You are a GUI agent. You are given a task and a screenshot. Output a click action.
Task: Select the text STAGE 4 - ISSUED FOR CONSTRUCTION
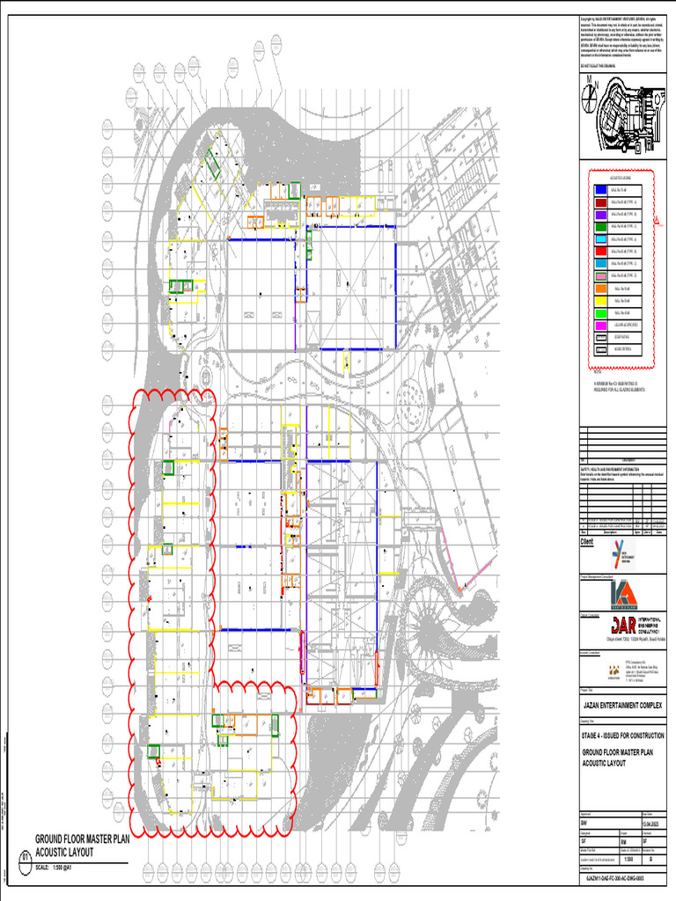tap(622, 735)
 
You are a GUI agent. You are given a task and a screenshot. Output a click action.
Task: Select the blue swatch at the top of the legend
tap(600, 189)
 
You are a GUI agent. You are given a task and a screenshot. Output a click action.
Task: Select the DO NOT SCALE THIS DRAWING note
tap(599, 67)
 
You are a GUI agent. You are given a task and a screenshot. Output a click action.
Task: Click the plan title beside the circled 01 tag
tap(82, 846)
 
